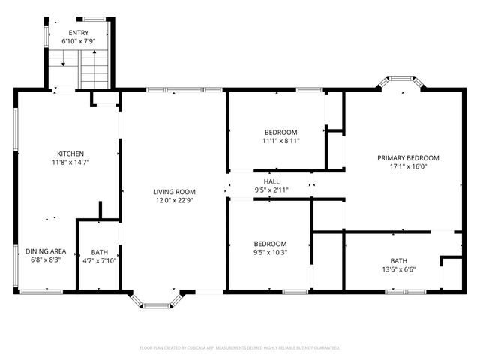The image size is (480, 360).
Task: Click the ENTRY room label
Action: point(78,33)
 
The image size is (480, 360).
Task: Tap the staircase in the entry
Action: point(94,72)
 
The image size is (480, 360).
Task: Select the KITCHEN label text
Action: point(70,154)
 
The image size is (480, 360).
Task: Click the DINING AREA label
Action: point(46,251)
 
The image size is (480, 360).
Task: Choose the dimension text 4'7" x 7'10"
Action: point(99,260)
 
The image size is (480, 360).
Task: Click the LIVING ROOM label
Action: point(174,192)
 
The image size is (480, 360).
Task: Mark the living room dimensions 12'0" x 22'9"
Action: point(174,200)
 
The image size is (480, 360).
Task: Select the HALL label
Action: point(271,181)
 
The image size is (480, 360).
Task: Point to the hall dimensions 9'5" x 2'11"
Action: point(271,190)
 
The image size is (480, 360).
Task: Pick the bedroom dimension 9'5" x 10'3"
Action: point(270,252)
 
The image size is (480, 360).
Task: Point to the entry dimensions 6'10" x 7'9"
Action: point(78,41)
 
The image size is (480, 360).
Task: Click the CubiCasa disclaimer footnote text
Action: point(240,348)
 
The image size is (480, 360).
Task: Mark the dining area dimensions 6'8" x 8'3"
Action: point(46,260)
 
